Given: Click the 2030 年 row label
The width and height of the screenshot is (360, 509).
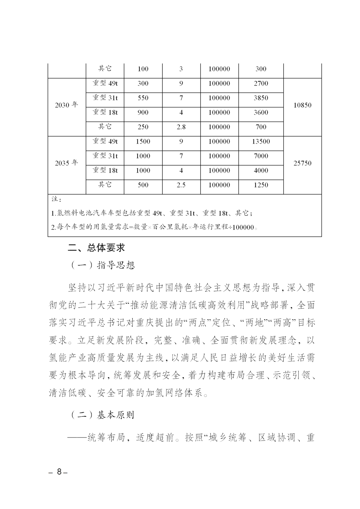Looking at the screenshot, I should pyautogui.click(x=66, y=105).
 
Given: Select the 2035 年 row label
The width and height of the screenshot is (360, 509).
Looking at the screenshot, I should pyautogui.click(x=66, y=163).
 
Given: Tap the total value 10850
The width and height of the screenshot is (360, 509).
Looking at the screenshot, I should pyautogui.click(x=302, y=105).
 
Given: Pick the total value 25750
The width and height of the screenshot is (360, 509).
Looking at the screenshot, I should pyautogui.click(x=302, y=163).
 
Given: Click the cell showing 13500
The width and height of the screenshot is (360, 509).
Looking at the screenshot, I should pyautogui.click(x=261, y=142).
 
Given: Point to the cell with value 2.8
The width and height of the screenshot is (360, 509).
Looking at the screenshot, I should pyautogui.click(x=181, y=127).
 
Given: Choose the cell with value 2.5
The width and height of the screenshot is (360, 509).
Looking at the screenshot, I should pyautogui.click(x=181, y=185).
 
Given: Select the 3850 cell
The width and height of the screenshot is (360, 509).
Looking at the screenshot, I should pyautogui.click(x=261, y=98).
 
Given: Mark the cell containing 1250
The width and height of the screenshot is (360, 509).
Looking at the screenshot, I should pyautogui.click(x=261, y=185).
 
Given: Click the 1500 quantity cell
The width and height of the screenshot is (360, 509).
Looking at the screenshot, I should pyautogui.click(x=143, y=142).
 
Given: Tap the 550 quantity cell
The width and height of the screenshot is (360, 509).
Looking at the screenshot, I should pyautogui.click(x=143, y=98).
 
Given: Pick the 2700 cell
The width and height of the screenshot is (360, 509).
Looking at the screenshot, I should pyautogui.click(x=261, y=84).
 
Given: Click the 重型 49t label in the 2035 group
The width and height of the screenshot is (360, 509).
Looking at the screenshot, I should pyautogui.click(x=105, y=141).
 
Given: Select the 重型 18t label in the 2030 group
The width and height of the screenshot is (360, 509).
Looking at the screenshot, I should pyautogui.click(x=105, y=112).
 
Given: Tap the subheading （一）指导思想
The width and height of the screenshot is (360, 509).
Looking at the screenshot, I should pyautogui.click(x=103, y=265).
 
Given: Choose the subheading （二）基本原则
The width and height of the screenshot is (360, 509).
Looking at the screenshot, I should pyautogui.click(x=103, y=415).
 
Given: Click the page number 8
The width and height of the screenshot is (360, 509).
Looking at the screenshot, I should pyautogui.click(x=59, y=472).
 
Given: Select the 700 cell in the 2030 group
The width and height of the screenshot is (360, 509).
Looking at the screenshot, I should pyautogui.click(x=261, y=127).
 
